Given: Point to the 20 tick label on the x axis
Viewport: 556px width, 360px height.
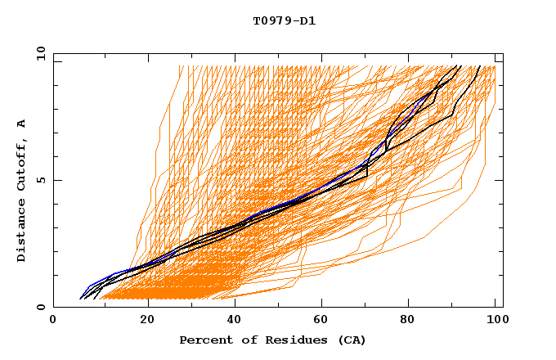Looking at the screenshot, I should tap(147, 321).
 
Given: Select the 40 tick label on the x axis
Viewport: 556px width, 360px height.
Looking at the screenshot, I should tap(235, 321).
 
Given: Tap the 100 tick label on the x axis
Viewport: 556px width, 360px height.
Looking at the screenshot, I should tap(495, 321).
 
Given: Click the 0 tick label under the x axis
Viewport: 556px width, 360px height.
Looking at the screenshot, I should tap(53, 321).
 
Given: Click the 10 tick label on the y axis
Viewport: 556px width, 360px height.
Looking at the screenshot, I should tap(38, 53).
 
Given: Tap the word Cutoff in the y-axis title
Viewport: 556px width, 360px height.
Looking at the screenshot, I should tap(22, 163).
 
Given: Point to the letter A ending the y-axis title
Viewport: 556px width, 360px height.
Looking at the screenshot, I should tap(22, 124).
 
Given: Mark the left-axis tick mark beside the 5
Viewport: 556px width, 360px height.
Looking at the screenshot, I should tap(56, 180).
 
